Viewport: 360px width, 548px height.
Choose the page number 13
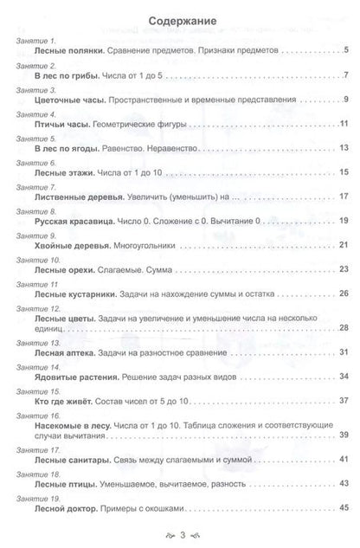(x=344, y=149)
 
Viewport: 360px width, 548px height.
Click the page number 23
(x=344, y=269)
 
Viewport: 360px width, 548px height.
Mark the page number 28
(x=344, y=327)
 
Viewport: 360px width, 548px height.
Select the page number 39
(x=344, y=435)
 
